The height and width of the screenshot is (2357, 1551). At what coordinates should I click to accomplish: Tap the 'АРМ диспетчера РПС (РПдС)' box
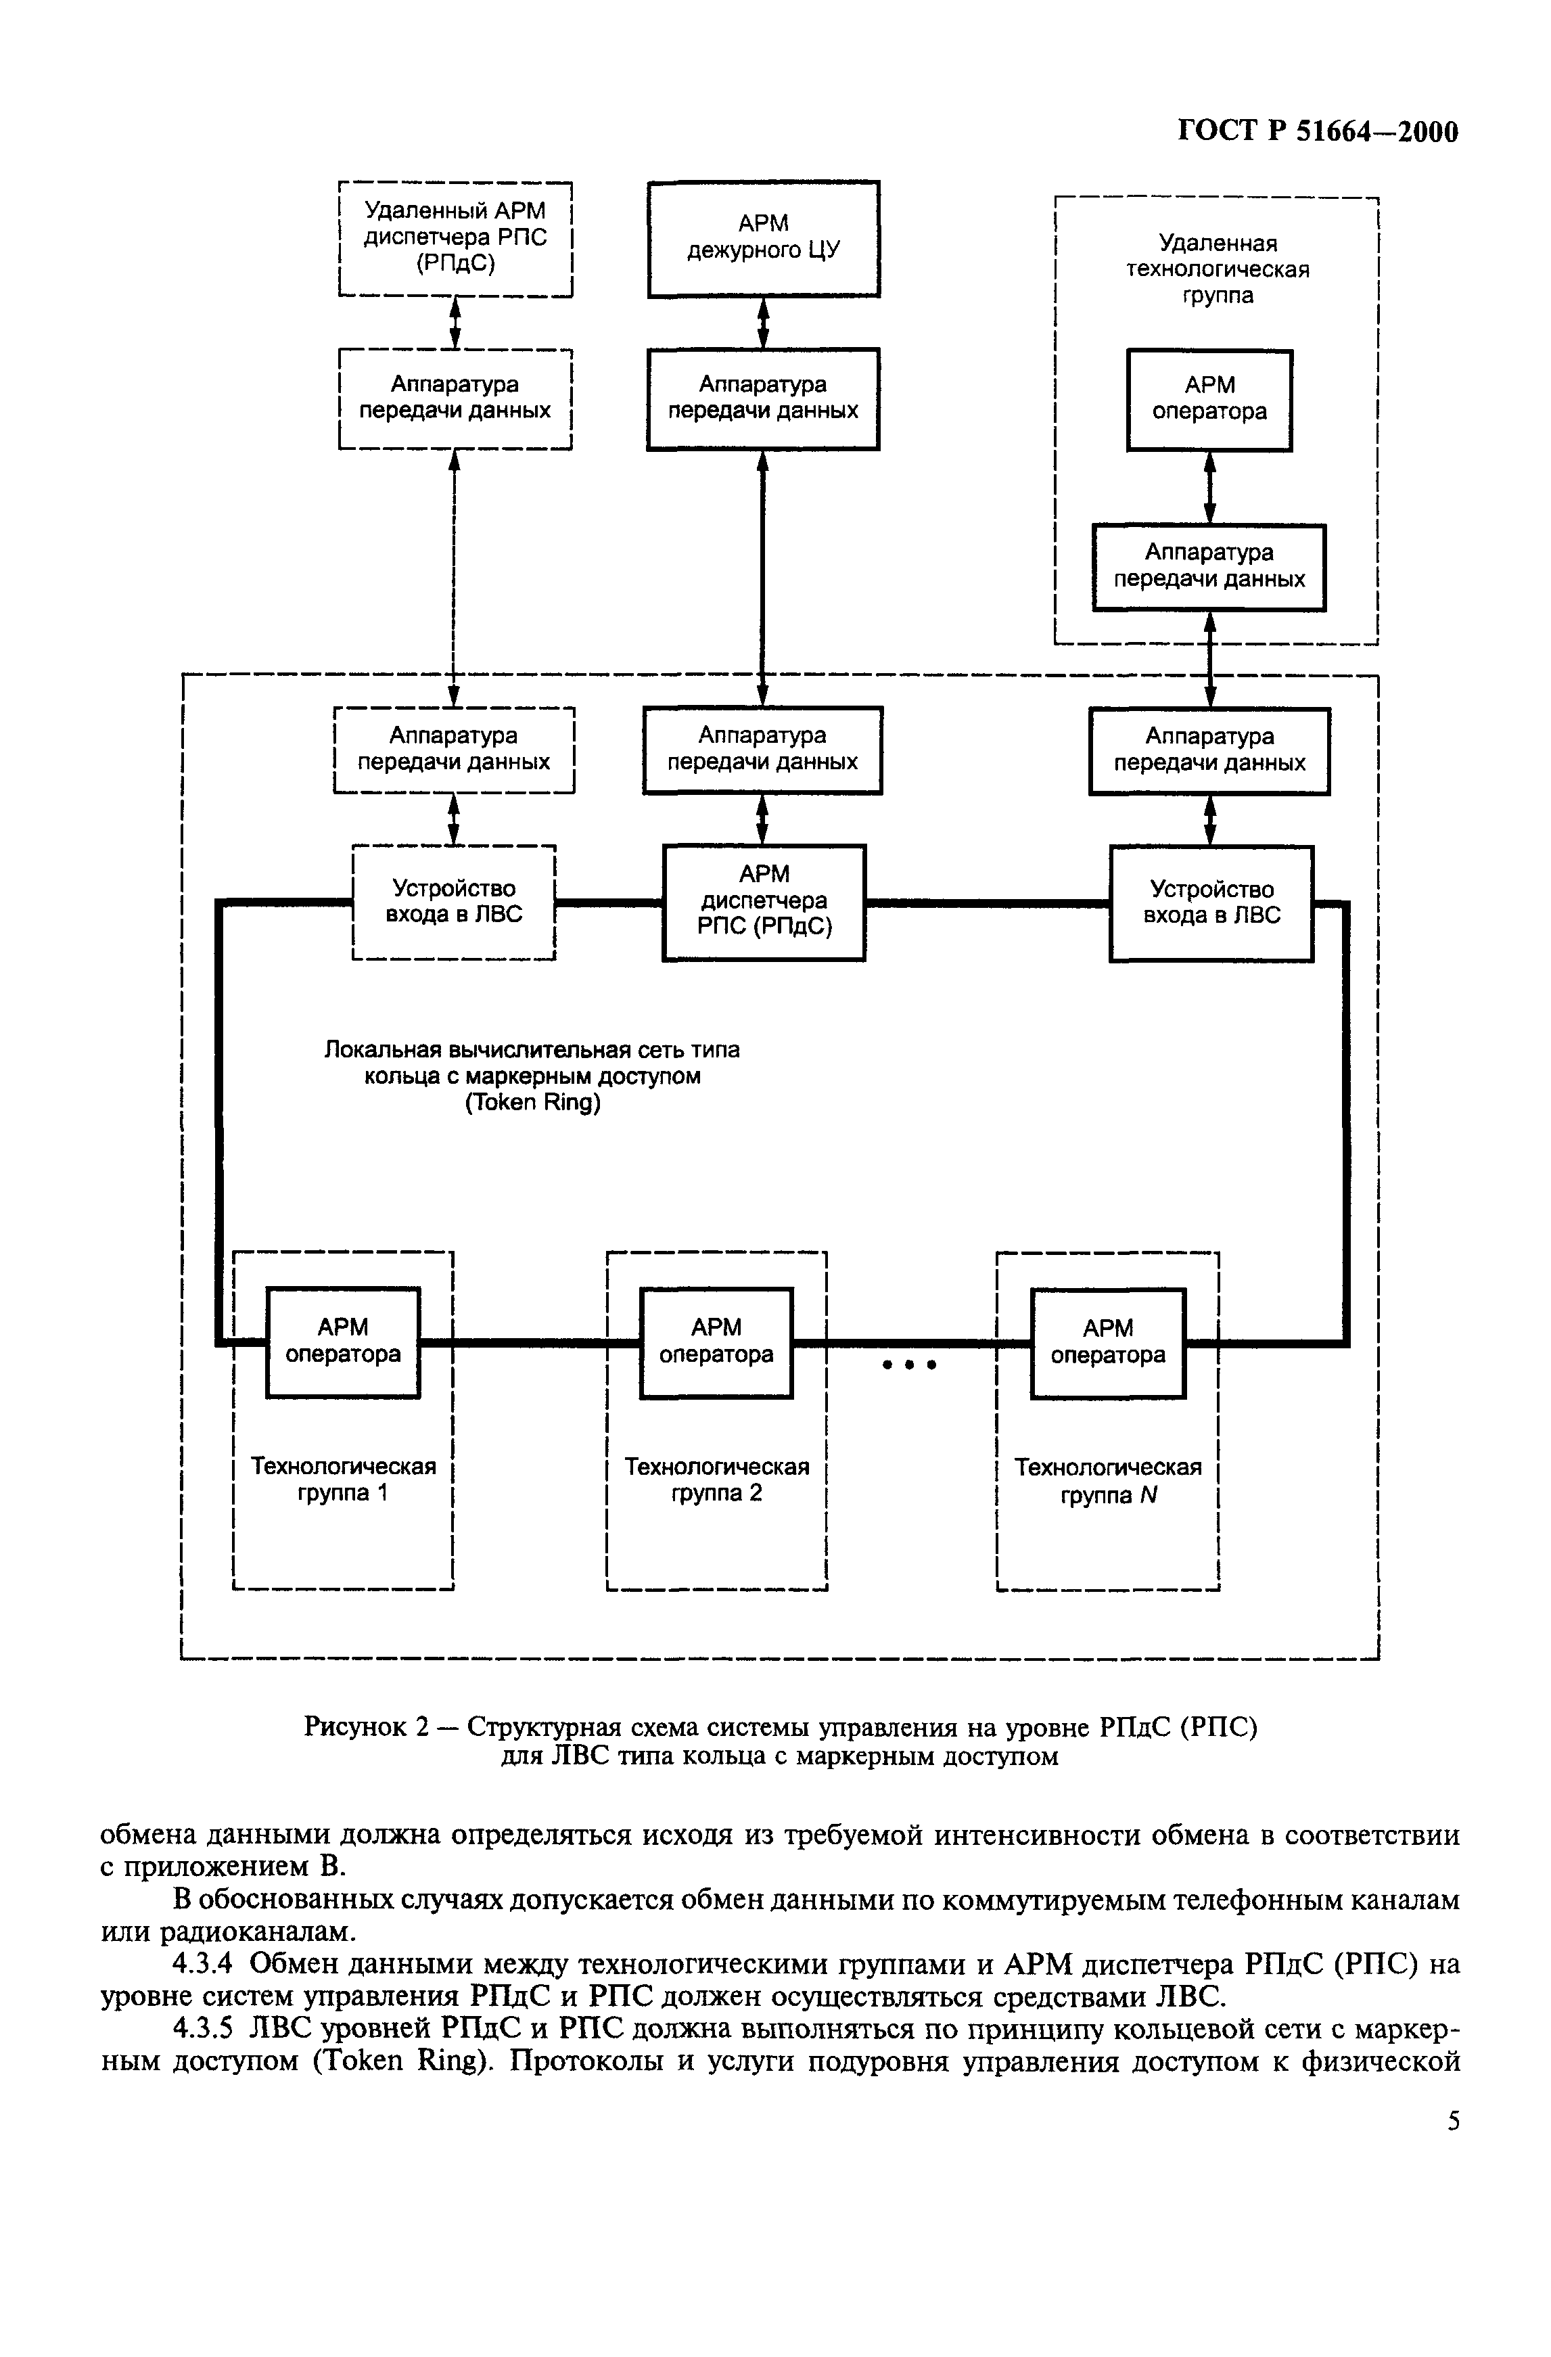point(764,901)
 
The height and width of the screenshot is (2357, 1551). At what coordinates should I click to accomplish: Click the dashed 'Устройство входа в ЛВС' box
point(454,901)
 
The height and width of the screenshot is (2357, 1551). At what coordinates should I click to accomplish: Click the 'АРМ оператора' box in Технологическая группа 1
point(343,1341)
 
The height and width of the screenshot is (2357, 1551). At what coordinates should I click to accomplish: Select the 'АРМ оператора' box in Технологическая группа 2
point(716,1341)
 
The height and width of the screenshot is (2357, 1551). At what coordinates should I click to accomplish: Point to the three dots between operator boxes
point(909,1365)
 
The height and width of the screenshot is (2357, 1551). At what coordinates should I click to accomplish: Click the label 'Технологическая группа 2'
point(716,1480)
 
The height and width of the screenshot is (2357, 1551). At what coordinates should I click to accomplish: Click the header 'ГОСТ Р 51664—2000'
point(1317,132)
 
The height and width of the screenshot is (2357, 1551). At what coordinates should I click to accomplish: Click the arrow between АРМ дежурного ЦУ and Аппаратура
point(762,323)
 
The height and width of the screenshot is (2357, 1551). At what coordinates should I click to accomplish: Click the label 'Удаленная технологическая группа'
point(1218,269)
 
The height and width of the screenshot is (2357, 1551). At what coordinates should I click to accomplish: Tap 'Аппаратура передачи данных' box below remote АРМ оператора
point(1208,566)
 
